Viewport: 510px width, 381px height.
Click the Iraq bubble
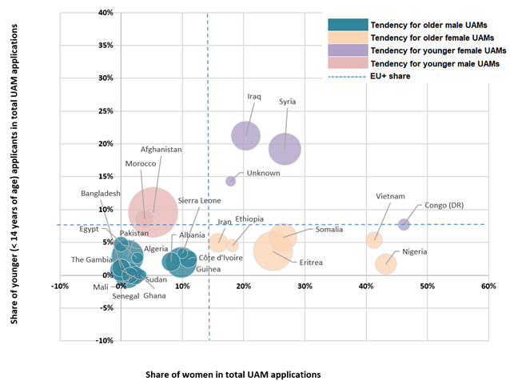click(247, 136)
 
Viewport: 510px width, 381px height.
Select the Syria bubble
click(285, 148)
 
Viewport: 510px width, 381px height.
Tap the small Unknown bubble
click(231, 181)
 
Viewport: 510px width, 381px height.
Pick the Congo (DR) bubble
click(404, 224)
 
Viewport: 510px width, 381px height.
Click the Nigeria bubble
click(386, 263)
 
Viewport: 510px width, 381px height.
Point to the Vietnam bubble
click(373, 239)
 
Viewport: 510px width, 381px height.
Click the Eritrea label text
click(312, 263)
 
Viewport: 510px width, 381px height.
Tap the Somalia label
click(329, 230)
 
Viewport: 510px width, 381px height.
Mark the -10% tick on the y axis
click(38, 340)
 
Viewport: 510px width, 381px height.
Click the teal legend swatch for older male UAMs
click(349, 24)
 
